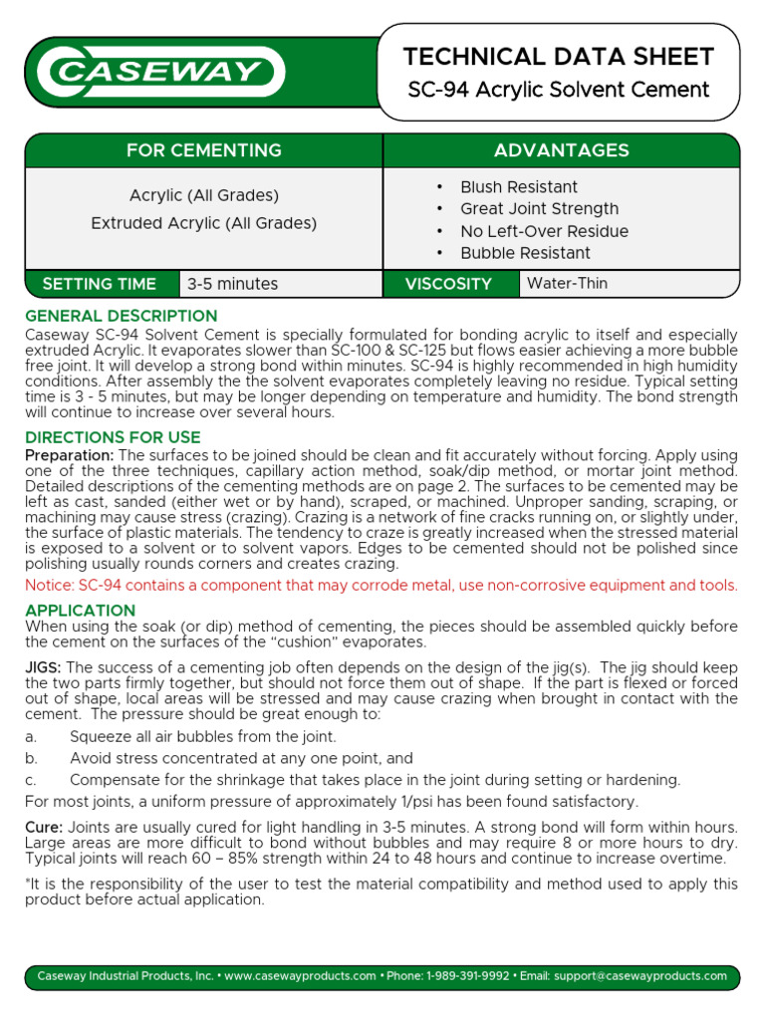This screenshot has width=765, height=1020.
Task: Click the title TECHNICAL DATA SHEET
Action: tap(558, 57)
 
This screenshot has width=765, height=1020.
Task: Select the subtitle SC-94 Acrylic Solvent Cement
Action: tap(558, 90)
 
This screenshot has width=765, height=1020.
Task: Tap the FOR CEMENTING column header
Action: tap(203, 150)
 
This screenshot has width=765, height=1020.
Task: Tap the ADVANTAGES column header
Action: tap(561, 150)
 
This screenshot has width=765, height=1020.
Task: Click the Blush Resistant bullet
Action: tap(518, 187)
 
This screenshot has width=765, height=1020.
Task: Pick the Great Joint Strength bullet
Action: tap(539, 209)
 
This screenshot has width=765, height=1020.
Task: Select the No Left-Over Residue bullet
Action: tap(544, 231)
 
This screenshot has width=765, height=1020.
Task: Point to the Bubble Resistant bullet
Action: tap(525, 253)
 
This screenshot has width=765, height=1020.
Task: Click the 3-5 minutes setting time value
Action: tap(233, 284)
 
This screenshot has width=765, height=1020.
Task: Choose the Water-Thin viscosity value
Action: tap(567, 284)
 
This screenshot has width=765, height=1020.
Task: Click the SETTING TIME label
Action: tap(100, 284)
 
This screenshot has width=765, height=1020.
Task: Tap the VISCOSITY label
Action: tap(448, 284)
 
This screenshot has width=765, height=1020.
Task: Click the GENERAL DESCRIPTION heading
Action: tap(121, 317)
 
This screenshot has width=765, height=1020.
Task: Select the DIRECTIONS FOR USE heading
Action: tap(113, 438)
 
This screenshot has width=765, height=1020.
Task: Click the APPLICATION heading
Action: tap(80, 611)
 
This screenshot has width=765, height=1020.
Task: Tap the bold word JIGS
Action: tap(43, 667)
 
